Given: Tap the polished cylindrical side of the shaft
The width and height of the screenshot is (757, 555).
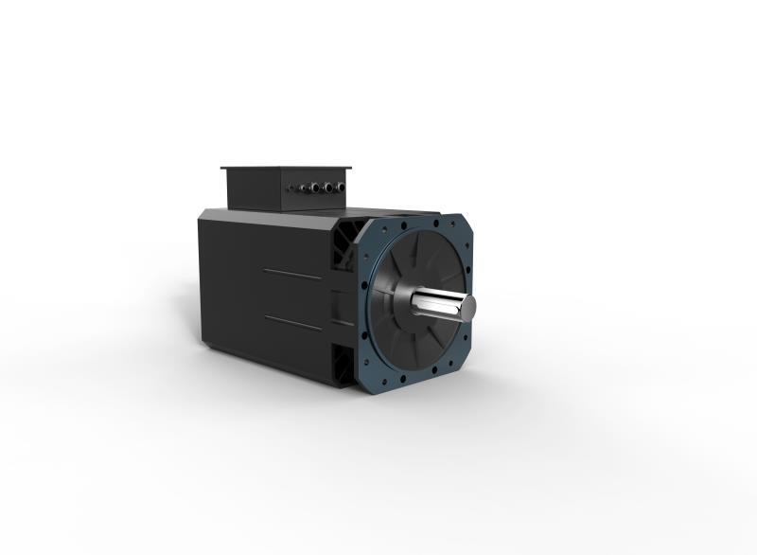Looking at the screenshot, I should [x=437, y=305].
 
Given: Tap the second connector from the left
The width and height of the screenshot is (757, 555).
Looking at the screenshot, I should [x=304, y=188].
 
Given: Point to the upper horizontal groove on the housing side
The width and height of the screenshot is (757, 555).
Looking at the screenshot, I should [x=291, y=274].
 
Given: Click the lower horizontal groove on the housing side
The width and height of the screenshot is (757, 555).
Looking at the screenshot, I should [x=292, y=322].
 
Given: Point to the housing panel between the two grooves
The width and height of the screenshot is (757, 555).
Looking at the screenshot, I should [x=284, y=298].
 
